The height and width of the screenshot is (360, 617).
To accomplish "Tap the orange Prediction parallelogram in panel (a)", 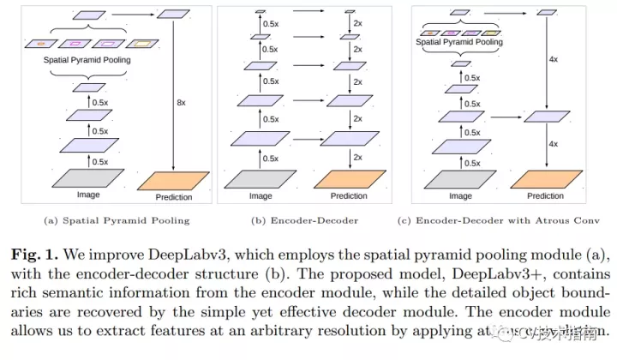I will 173,180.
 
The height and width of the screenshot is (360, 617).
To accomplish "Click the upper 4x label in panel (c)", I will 554,60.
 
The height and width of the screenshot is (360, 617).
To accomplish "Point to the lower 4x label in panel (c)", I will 554,144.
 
